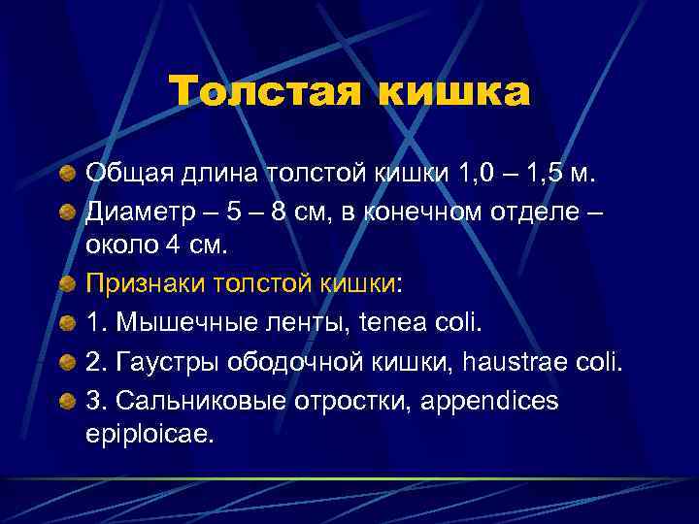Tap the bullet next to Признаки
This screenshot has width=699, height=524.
pos(65,283)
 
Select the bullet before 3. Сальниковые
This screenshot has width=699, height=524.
pos(65,399)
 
